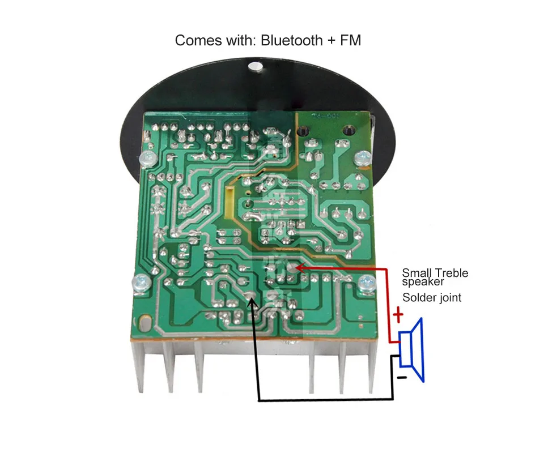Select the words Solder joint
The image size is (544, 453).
432,297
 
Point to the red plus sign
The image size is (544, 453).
398,314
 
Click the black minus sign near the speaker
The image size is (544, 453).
401,376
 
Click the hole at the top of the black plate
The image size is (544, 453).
256,69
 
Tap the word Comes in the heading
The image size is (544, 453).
194,40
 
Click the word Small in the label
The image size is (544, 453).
415,273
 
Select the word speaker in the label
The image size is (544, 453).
423,281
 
